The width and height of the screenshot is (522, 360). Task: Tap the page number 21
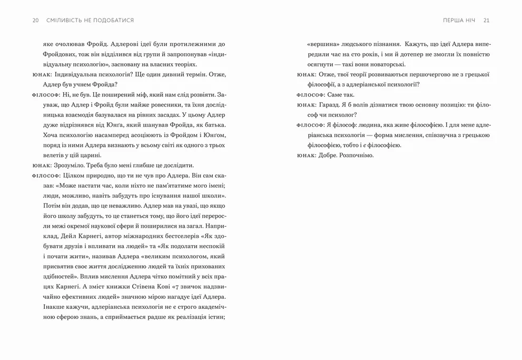486,20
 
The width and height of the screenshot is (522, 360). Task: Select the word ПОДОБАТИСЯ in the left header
112,20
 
